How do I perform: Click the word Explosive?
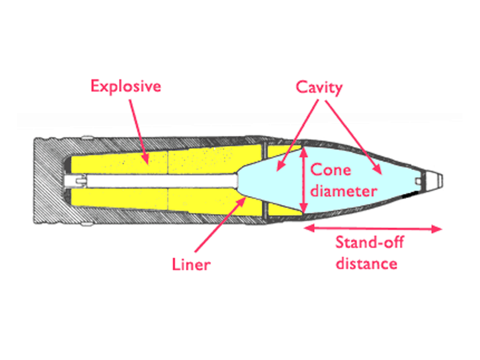(x=126, y=87)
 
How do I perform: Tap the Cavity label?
(x=320, y=88)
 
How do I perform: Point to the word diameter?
(x=344, y=191)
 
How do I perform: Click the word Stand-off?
(x=369, y=243)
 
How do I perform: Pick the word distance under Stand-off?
(x=366, y=263)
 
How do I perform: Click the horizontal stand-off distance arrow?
(x=373, y=228)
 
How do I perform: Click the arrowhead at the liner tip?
(x=243, y=199)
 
